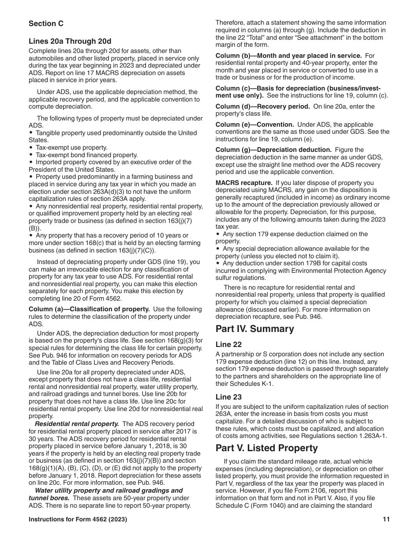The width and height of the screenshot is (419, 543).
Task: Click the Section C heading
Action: pos(46,23)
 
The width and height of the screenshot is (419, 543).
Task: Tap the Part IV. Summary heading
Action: pos(254,329)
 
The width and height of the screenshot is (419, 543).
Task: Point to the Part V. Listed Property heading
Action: pos(266,448)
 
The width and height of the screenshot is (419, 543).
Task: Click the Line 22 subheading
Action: pos(228,344)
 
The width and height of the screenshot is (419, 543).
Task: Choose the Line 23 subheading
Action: pos(228,397)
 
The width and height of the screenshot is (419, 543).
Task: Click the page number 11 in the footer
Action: pos(386,520)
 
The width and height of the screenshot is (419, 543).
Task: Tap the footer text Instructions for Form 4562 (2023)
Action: pos(78,520)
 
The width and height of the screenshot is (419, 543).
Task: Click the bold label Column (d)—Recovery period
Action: pos(262,106)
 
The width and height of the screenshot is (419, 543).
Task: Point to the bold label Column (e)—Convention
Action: pos(254,124)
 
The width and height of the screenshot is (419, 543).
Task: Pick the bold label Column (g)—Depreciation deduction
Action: pos(273,150)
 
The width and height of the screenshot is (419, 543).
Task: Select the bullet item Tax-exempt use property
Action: pos(71,147)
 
